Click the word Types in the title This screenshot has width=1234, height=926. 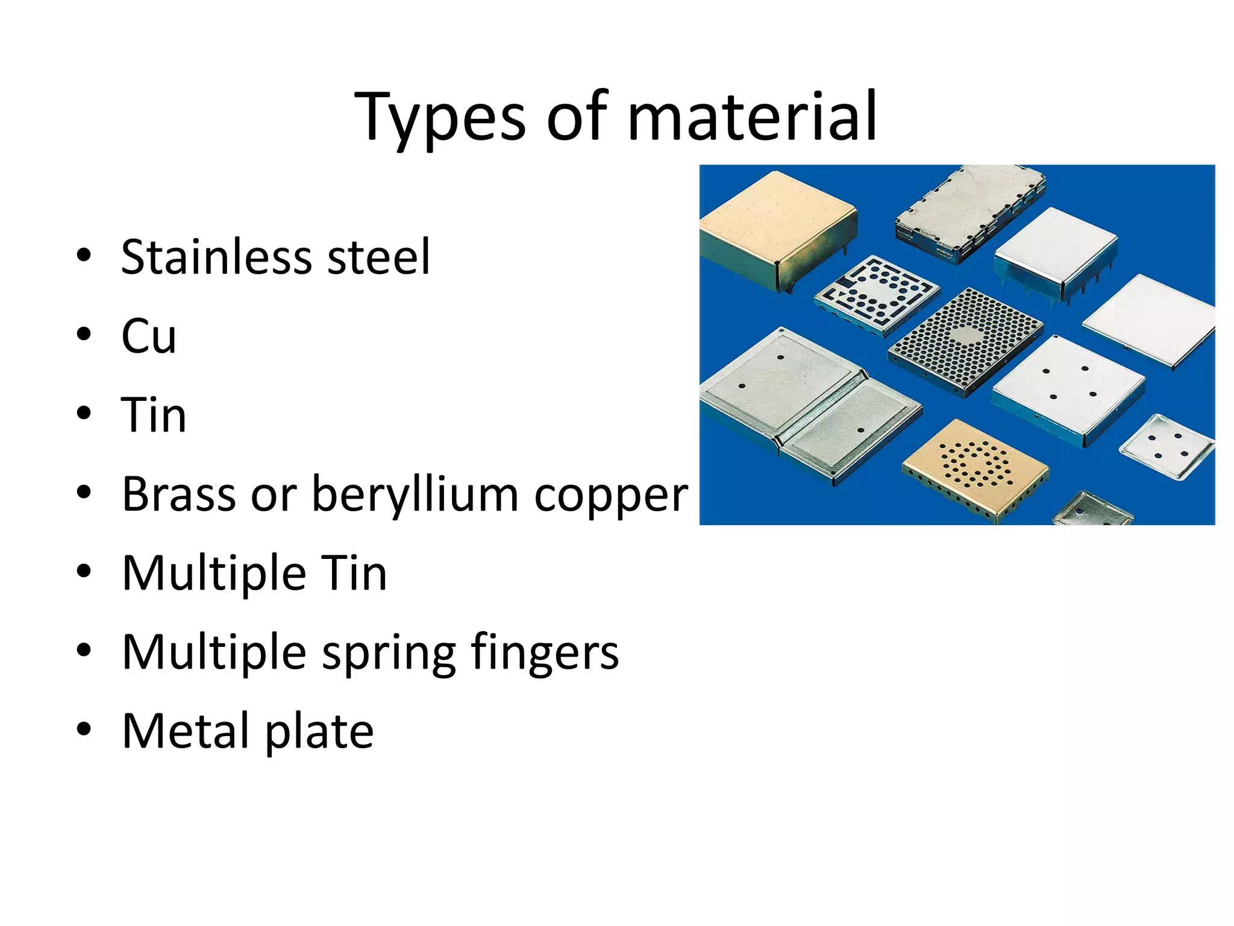[x=440, y=118]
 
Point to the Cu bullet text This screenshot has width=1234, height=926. [x=149, y=336]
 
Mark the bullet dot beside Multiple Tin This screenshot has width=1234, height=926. [x=84, y=571]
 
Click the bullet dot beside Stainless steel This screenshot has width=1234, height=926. [x=84, y=255]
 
